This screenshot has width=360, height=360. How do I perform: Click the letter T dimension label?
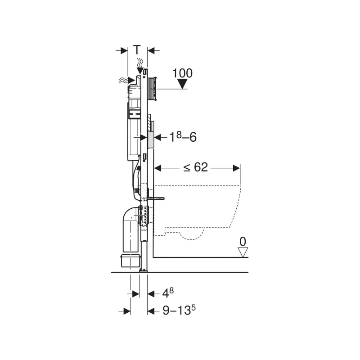pos(137,50)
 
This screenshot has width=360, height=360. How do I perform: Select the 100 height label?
pos(182,73)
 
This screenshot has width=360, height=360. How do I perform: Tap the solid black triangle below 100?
pos(183,84)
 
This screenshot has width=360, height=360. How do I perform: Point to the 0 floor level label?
pos(243,242)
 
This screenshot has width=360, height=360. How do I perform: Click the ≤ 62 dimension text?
pos(196,167)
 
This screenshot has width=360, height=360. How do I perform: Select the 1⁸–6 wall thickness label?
pos(183,138)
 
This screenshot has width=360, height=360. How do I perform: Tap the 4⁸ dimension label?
pos(168,293)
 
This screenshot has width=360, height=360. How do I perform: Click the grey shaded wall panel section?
pos(151,139)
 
